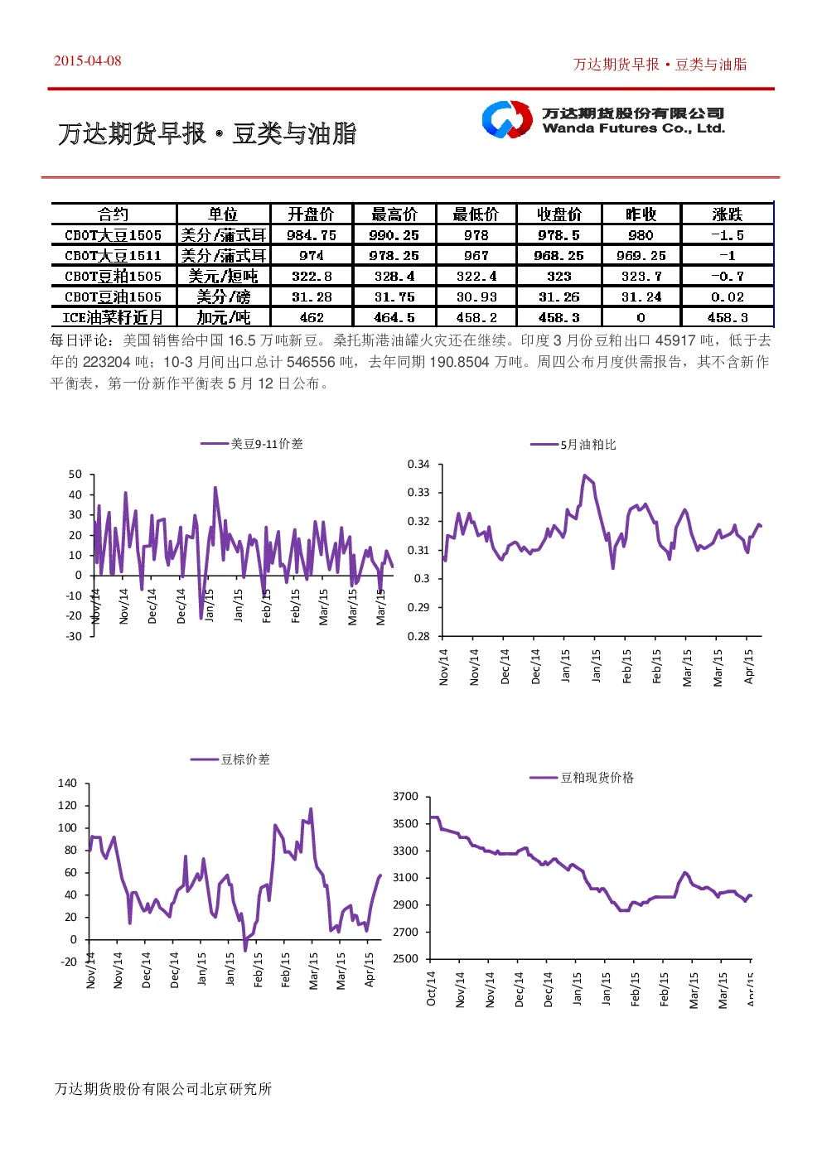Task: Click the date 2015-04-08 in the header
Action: [x=87, y=60]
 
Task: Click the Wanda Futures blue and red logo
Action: [x=507, y=119]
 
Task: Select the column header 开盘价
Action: [x=311, y=214]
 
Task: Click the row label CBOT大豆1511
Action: [x=113, y=255]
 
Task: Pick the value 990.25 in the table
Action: [x=394, y=235]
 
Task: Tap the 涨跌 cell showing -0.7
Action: [x=727, y=276]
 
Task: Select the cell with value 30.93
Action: [x=476, y=297]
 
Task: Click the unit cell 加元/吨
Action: [x=223, y=317]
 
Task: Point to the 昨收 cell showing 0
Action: [x=641, y=317]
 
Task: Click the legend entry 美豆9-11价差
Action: [x=252, y=444]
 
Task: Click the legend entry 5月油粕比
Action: [x=573, y=445]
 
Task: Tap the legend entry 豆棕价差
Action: [x=230, y=759]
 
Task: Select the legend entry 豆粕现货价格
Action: [x=582, y=778]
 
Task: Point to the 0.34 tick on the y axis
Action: [x=418, y=465]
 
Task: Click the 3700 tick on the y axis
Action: [x=405, y=796]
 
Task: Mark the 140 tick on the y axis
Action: [x=67, y=783]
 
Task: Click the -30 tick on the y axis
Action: [x=74, y=637]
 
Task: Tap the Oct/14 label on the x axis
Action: [x=431, y=989]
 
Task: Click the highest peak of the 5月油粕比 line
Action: [x=585, y=475]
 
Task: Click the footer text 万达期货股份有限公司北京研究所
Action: [x=163, y=1089]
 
